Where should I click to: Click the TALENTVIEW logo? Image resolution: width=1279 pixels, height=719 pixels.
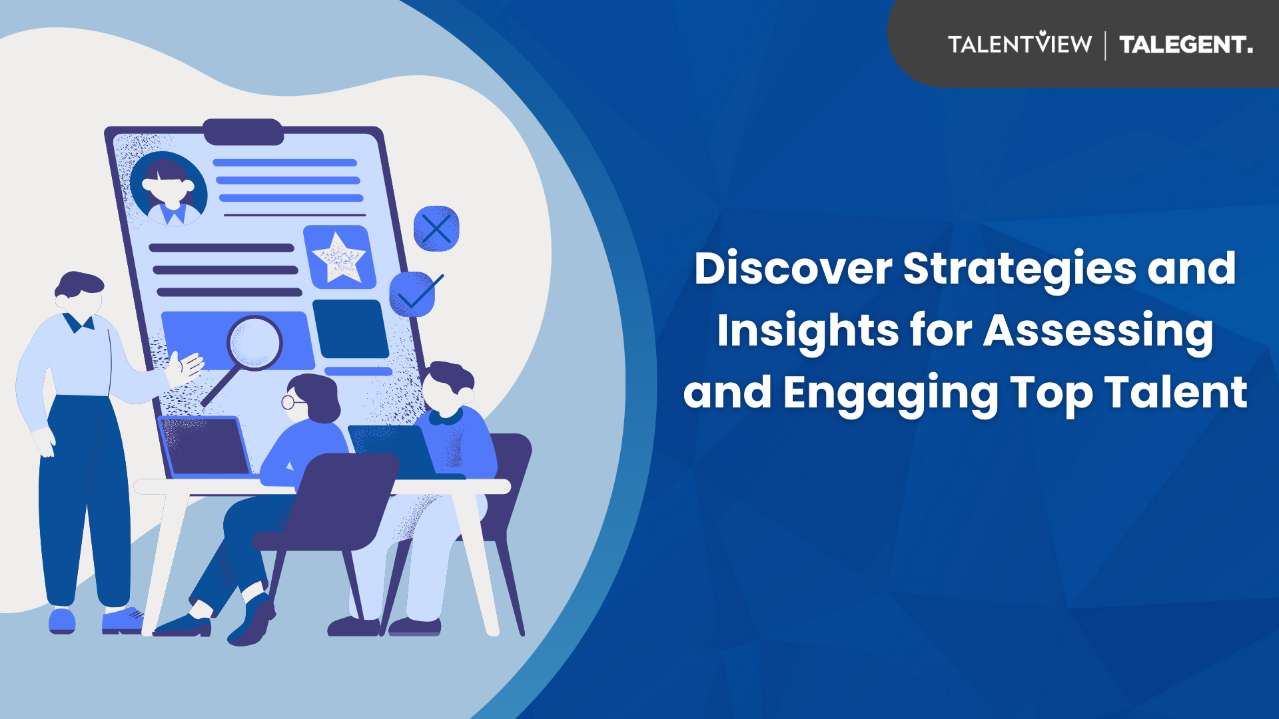1020,43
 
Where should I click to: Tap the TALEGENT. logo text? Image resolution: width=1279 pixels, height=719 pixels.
1186,45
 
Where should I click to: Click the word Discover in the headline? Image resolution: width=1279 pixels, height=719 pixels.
793,268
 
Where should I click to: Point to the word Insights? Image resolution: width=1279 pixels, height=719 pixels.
808,332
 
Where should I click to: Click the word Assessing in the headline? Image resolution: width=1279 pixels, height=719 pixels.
1098,332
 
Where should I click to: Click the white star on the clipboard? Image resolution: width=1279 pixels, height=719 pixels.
339,258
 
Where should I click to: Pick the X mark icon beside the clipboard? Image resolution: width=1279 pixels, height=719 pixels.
436,229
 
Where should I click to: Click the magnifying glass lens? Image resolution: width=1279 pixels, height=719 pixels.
254,344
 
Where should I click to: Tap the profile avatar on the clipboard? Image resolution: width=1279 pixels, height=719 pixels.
169,189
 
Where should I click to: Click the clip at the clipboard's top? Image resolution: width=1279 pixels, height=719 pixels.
243,132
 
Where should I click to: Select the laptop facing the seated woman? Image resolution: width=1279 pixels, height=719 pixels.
205,447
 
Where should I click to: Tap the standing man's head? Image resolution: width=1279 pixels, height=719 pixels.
79,294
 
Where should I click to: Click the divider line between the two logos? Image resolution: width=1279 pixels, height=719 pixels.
1106,45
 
